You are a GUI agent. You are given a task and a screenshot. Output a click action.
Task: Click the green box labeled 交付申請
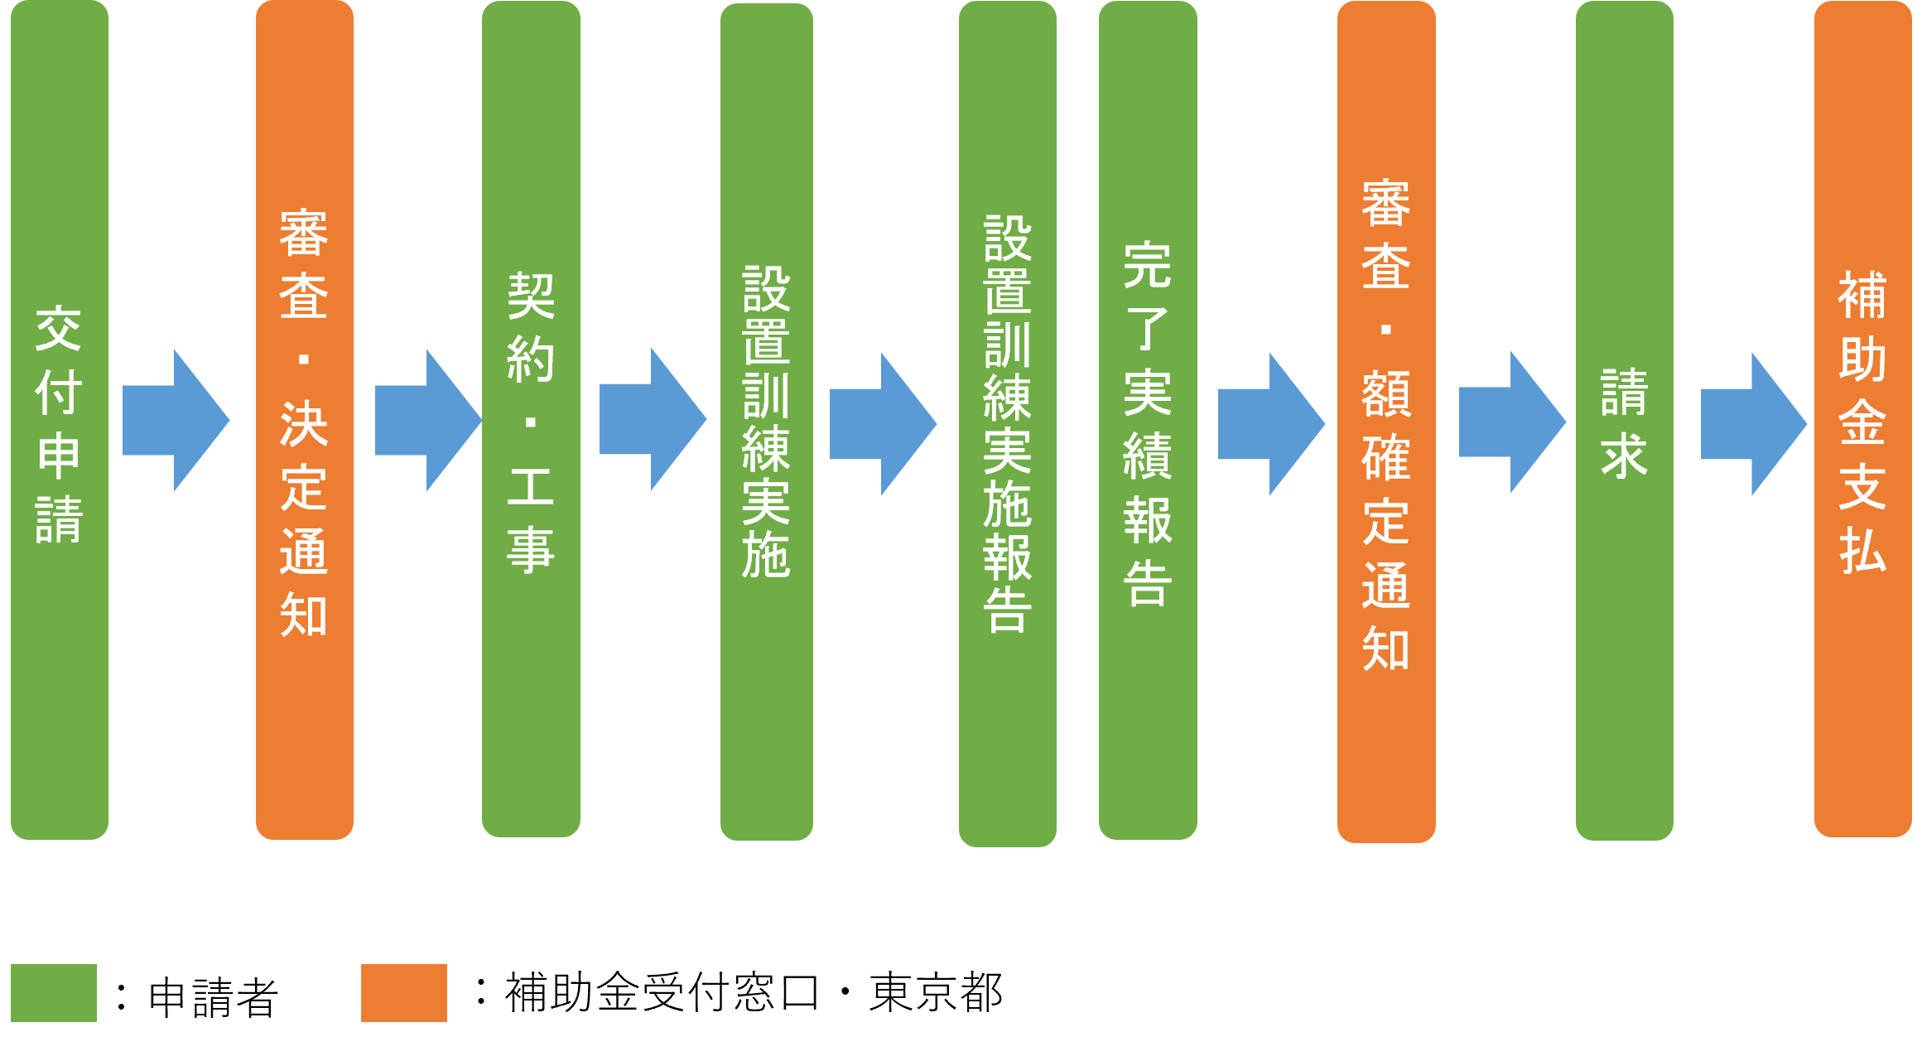click(x=60, y=420)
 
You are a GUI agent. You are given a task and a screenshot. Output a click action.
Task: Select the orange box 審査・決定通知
click(x=305, y=420)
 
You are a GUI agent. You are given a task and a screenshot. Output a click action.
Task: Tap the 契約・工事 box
click(x=531, y=420)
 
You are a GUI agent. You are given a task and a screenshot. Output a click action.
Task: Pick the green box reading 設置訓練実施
click(x=767, y=422)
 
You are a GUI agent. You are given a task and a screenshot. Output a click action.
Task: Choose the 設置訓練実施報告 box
click(x=1007, y=424)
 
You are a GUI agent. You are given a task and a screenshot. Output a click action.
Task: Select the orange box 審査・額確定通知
click(x=1386, y=422)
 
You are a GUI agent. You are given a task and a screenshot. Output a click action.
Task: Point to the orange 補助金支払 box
click(x=1863, y=420)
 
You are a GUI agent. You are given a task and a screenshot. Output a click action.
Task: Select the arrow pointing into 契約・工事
click(x=427, y=421)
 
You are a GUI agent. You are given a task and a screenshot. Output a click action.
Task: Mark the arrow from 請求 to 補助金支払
click(x=1753, y=424)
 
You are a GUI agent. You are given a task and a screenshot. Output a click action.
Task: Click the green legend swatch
click(x=54, y=992)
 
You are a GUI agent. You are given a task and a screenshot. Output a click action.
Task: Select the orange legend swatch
click(x=404, y=992)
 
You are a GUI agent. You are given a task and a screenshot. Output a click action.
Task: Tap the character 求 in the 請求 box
click(x=1624, y=456)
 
